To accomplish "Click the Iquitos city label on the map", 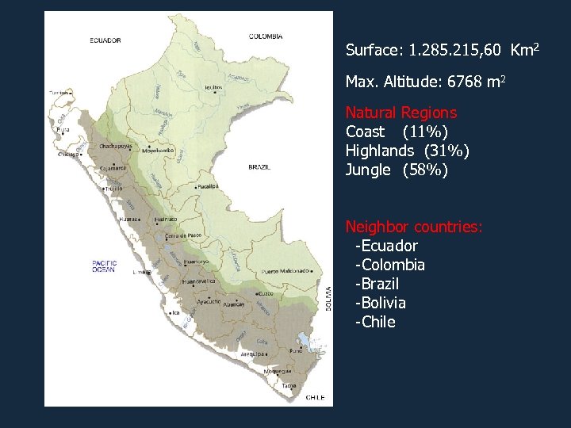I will click(213, 88).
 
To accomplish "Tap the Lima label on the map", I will click(140, 272).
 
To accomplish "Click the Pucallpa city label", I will click(209, 186).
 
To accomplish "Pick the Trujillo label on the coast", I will click(115, 189).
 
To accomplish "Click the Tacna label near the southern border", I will click(290, 386).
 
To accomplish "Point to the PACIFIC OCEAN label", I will click(104, 266).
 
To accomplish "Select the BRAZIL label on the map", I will click(259, 167).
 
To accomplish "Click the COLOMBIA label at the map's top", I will click(266, 36).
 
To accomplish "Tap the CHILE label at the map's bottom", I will click(315, 397).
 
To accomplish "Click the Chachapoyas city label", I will click(116, 147).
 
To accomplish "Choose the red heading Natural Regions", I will click(400, 113).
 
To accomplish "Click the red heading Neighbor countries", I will click(414, 227).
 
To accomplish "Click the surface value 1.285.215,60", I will click(454, 51).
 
